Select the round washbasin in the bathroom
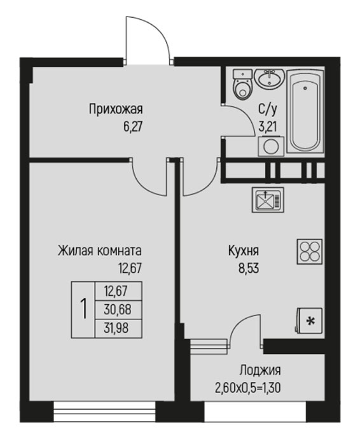click(x=269, y=78)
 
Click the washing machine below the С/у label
click(x=271, y=146)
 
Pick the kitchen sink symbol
click(x=268, y=200)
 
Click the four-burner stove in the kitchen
click(x=310, y=251)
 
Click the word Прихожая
click(x=116, y=109)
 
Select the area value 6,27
click(x=133, y=127)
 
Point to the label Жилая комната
click(x=100, y=251)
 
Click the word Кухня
click(x=244, y=251)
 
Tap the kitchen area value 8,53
click(x=249, y=268)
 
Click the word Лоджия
click(x=260, y=370)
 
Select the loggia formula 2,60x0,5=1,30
click(x=248, y=388)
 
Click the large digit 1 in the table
click(x=83, y=309)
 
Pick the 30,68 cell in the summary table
click(x=118, y=310)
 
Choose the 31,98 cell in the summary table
click(x=118, y=328)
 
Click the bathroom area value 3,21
click(x=268, y=127)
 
